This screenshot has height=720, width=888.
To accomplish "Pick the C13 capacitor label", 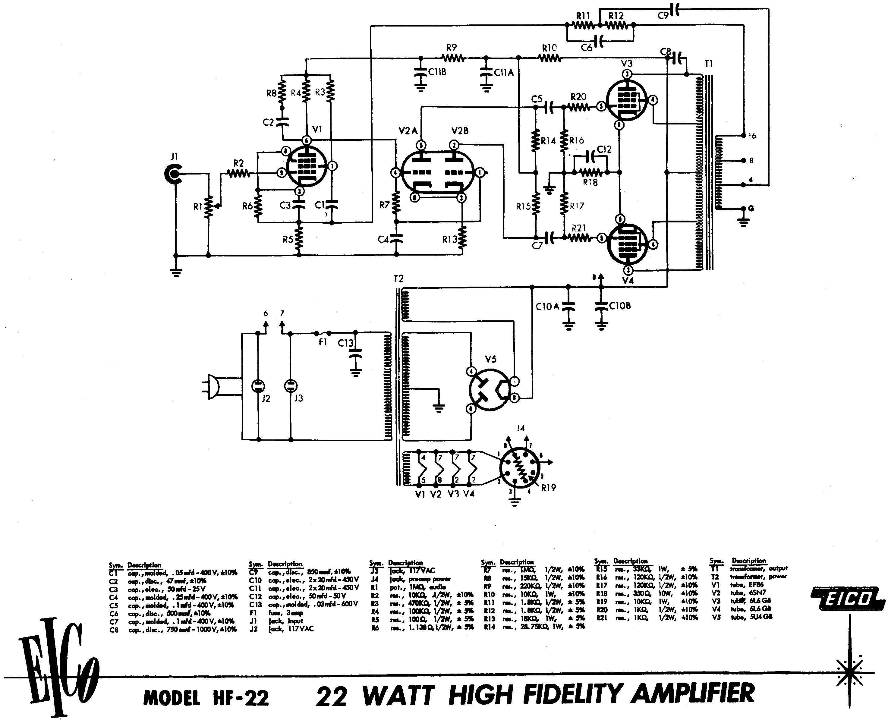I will click(345, 343).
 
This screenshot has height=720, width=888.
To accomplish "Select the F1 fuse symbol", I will click(323, 333).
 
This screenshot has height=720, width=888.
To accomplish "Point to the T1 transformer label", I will click(708, 64).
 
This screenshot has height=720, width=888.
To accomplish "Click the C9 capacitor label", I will click(663, 16).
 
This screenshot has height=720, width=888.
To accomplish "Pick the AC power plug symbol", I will click(211, 387).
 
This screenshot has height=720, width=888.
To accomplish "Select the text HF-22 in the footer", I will click(241, 698).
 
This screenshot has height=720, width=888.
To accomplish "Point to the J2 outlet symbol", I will click(258, 386).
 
